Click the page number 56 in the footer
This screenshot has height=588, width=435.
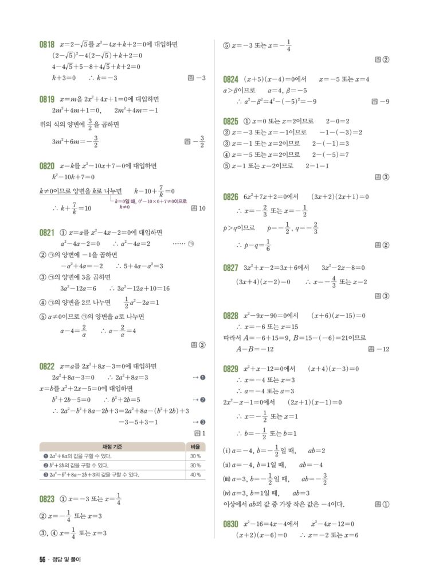42,560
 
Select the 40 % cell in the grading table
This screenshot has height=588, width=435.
195,475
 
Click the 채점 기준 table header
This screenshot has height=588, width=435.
112,447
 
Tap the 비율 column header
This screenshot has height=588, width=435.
195,447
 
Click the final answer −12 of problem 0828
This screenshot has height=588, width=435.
382,349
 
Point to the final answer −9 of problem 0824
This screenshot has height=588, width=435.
385,102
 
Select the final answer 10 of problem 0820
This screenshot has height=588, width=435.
201,208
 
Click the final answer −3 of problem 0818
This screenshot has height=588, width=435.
200,78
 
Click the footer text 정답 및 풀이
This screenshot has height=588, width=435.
67,560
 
